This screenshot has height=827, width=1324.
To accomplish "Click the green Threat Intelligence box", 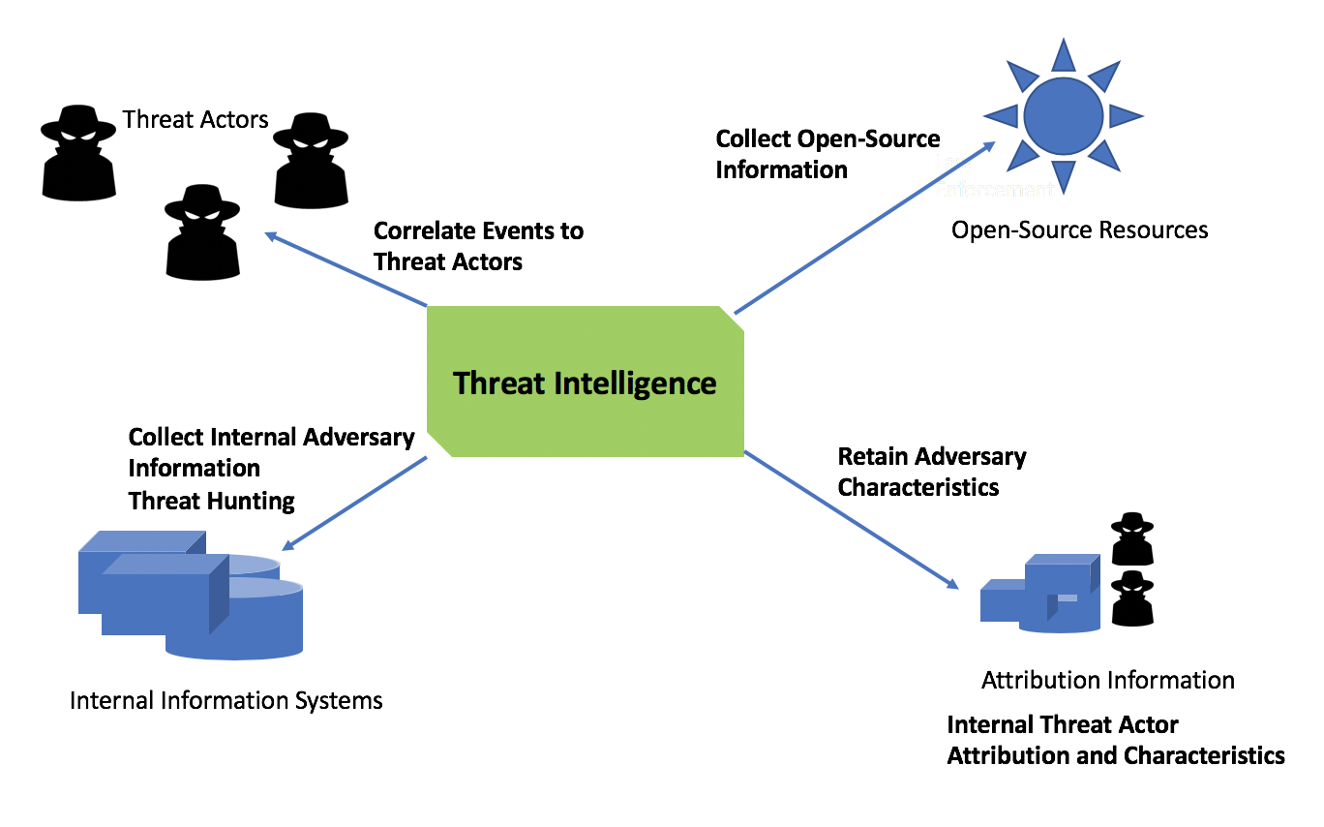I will tap(586, 382).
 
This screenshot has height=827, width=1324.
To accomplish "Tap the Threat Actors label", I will tap(196, 120).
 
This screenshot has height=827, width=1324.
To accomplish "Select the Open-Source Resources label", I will tap(1079, 230).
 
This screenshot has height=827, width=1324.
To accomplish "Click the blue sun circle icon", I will tap(1063, 114).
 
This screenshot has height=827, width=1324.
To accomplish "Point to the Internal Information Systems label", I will tap(226, 700).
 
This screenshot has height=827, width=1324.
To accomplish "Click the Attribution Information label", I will tap(1108, 680).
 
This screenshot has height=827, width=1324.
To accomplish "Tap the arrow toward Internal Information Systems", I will tap(357, 503).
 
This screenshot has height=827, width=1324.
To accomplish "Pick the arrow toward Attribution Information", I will tap(851, 519).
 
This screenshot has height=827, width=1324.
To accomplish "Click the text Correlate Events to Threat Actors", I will tap(478, 246).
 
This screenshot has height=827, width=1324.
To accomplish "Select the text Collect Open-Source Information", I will tap(827, 154).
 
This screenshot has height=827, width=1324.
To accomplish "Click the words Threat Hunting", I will tap(212, 501).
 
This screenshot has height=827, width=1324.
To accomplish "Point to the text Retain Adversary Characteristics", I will tap(931, 471).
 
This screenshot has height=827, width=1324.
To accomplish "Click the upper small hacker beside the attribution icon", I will tap(1132, 539).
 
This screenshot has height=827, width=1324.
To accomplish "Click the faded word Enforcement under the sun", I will tap(997, 189).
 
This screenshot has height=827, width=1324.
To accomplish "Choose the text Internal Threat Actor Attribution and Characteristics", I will tap(1115, 740).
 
